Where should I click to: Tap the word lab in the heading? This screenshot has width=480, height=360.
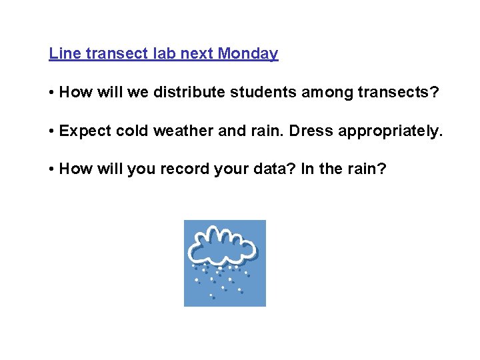(x=165, y=54)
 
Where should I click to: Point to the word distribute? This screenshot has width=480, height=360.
(x=190, y=93)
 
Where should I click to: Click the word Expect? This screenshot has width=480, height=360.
(x=85, y=131)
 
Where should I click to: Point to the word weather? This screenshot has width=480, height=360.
(x=183, y=131)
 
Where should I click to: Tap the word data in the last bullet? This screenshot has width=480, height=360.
(x=275, y=169)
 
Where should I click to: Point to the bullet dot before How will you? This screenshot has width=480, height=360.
(x=52, y=170)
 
